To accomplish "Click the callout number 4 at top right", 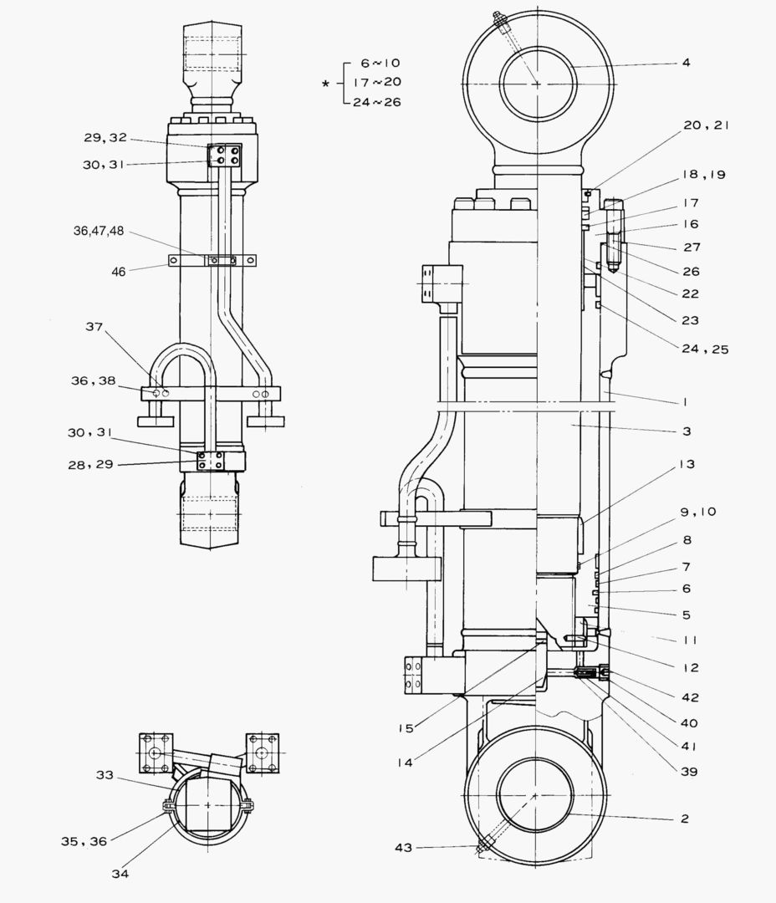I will point(686,63).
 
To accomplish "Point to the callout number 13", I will point(687,464).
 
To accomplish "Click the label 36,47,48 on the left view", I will point(99,231).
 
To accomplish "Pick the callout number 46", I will point(120,271).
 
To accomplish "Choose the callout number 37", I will point(94,327).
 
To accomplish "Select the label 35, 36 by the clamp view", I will point(84,841).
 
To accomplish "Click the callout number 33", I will point(104,775).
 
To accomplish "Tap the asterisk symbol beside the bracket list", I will point(326,84).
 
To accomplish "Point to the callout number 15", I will point(406,728).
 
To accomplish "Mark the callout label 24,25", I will point(705,349).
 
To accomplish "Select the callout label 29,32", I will point(105,137).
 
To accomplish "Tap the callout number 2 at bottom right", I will point(684,819).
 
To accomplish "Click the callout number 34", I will point(122,874).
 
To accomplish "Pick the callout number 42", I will point(689,697).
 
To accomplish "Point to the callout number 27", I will point(691,247).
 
